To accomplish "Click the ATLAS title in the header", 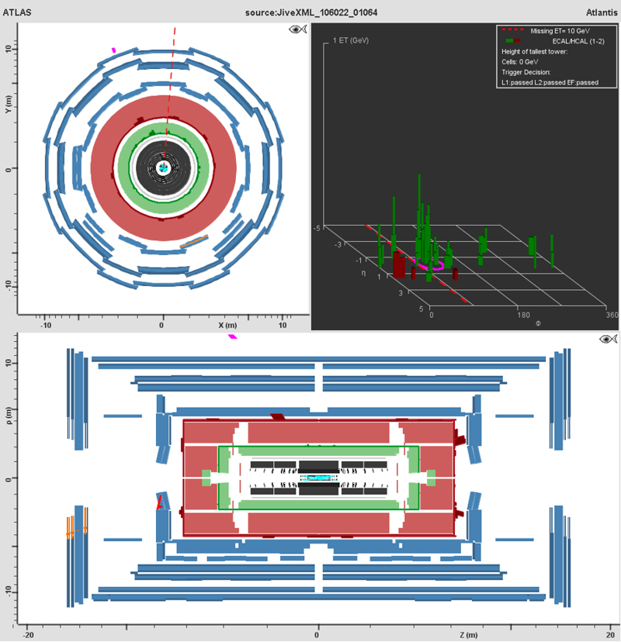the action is tap(17, 12).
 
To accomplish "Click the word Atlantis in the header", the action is tap(602, 12).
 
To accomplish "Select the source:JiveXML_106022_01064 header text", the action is tap(311, 12).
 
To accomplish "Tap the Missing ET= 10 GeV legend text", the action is tap(560, 31).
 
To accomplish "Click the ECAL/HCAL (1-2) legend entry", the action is tap(578, 41).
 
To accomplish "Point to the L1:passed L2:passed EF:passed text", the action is tap(550, 82).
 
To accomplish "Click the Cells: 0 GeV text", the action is tap(520, 62).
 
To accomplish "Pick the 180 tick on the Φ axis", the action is tap(523, 315).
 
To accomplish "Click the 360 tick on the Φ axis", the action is tap(612, 315).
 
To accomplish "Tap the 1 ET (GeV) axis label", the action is tap(350, 40).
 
